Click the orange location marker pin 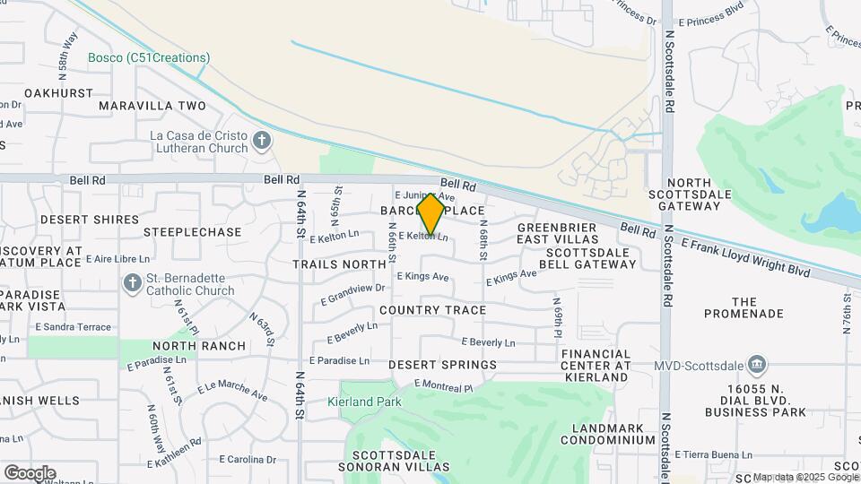(431, 214)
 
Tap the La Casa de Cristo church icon (262, 141)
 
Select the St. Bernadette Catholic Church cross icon (132, 284)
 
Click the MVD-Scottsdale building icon (758, 364)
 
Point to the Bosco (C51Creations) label (149, 58)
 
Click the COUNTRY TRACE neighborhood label (432, 310)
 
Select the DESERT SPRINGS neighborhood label (442, 365)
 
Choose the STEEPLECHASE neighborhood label (193, 232)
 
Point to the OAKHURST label (58, 93)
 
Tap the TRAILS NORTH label (339, 264)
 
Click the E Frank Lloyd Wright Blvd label (745, 256)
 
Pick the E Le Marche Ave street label (231, 389)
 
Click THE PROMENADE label (744, 307)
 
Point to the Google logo (30, 473)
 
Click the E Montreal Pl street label (443, 386)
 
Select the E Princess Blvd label (711, 22)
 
